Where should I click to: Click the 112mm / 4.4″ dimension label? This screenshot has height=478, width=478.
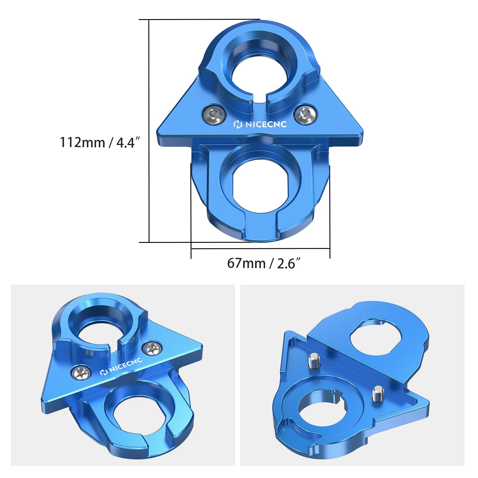tap(100, 142)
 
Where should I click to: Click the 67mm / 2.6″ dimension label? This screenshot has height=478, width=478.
tap(263, 263)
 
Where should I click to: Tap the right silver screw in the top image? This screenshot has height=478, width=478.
tap(305, 114)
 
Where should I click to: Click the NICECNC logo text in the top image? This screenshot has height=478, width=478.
tap(265, 124)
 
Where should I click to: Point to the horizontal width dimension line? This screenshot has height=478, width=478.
tap(260, 248)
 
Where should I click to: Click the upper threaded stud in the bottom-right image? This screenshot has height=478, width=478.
tap(313, 361)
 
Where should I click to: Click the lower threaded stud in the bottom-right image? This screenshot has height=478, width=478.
tap(377, 394)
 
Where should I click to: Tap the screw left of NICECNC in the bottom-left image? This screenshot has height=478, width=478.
tap(81, 372)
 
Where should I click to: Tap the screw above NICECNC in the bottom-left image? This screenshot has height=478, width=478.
tap(152, 349)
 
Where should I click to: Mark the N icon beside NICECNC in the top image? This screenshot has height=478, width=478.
tap(238, 124)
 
